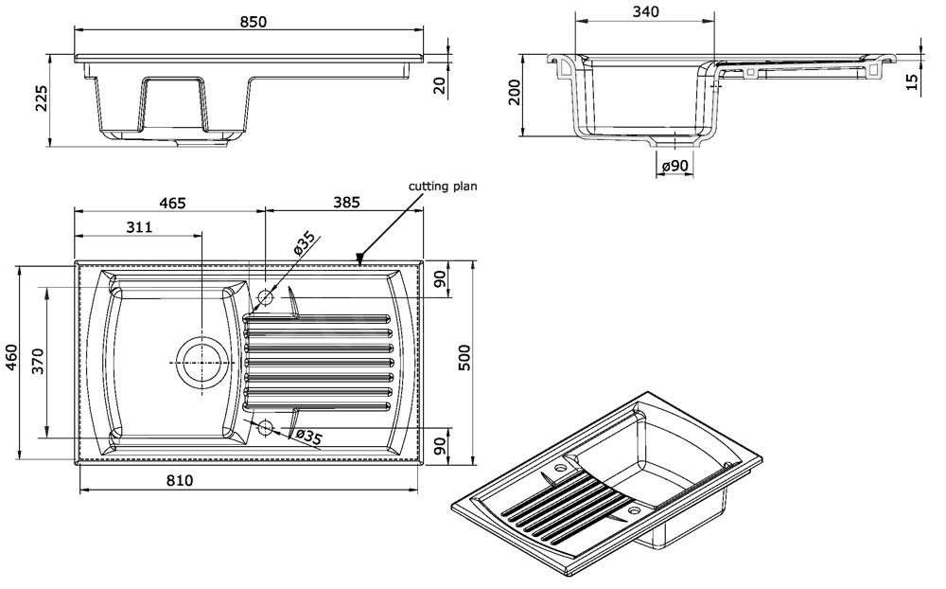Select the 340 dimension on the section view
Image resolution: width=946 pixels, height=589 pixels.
pyautogui.click(x=642, y=11)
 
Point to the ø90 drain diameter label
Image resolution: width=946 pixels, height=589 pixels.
pyautogui.click(x=674, y=166)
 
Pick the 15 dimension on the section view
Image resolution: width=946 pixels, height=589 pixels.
pyautogui.click(x=910, y=80)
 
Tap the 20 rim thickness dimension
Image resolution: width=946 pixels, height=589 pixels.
pyautogui.click(x=438, y=85)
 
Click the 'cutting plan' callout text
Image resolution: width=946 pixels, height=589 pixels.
pyautogui.click(x=442, y=187)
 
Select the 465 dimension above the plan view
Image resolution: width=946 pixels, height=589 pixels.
pyautogui.click(x=171, y=202)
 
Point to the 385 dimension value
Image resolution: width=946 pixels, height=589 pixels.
pyautogui.click(x=347, y=202)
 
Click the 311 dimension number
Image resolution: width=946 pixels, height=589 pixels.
pyautogui.click(x=138, y=227)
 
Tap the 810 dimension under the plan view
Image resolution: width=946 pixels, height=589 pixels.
pyautogui.click(x=179, y=480)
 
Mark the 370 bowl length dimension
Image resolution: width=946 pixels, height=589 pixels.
pyautogui.click(x=38, y=361)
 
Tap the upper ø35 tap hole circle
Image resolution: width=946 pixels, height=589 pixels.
pyautogui.click(x=264, y=297)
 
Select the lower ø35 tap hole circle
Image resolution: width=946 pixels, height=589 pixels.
pyautogui.click(x=264, y=428)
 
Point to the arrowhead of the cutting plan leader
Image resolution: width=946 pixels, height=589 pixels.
pyautogui.click(x=360, y=256)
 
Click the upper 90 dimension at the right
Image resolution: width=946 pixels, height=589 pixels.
pyautogui.click(x=438, y=280)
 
